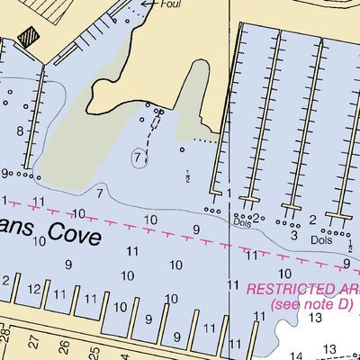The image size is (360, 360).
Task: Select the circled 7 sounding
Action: pos(138,157)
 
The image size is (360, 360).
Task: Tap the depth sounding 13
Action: pos(315,317)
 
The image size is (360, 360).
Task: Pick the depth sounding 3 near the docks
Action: pos(293,236)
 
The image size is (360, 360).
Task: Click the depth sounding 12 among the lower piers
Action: pos(34,289)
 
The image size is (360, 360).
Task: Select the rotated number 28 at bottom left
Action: pos(4,337)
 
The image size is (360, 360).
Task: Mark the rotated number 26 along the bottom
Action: pos(63,346)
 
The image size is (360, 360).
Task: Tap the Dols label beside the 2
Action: pos(321,240)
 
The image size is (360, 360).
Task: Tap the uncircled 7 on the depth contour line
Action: pos(99,193)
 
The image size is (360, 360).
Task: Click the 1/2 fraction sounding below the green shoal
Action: pos(188,175)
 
